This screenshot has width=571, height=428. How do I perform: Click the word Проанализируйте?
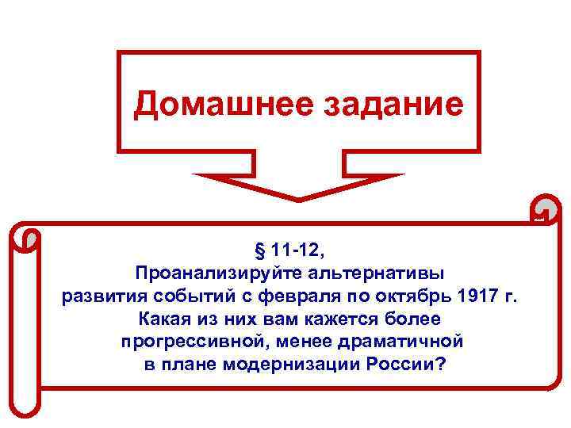point(204,273)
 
